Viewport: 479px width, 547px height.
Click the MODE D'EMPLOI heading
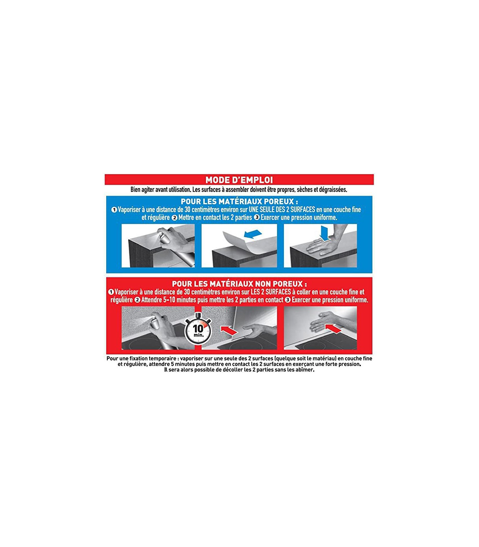(x=239, y=180)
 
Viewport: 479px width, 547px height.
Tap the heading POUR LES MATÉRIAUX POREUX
(x=239, y=201)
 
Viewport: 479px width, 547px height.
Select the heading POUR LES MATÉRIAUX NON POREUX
(x=239, y=283)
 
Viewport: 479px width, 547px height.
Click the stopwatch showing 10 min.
(x=198, y=329)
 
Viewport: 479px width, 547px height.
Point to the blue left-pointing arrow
(x=253, y=234)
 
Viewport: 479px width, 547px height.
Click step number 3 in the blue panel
(x=257, y=218)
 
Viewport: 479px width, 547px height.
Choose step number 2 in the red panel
(x=138, y=300)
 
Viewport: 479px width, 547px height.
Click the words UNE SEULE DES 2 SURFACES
(x=282, y=210)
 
